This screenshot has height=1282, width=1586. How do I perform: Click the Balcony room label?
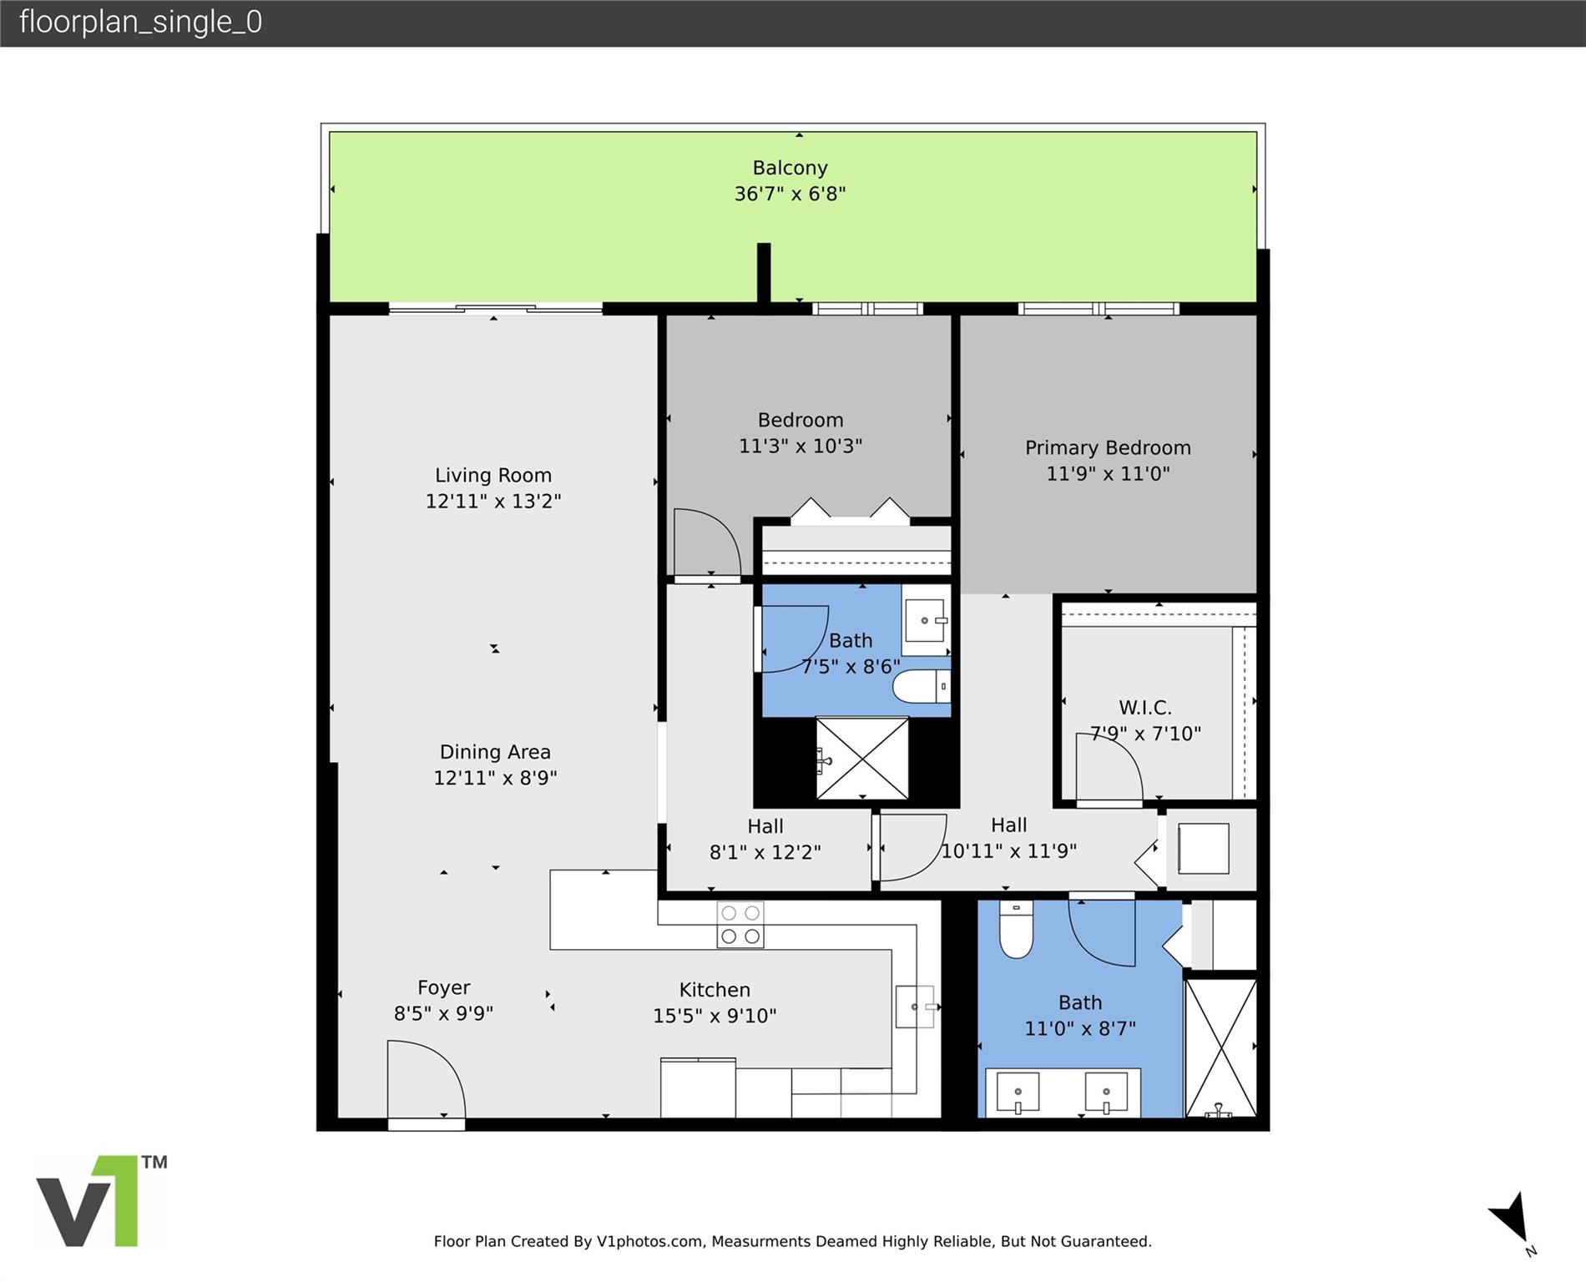pyautogui.click(x=790, y=168)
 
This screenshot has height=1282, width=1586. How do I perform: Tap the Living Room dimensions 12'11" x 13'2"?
pyautogui.click(x=493, y=501)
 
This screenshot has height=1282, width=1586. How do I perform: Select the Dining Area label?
pyautogui.click(x=495, y=752)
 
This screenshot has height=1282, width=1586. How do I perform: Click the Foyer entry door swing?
pyautogui.click(x=427, y=1079)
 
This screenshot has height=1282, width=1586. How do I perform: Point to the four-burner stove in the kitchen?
pyautogui.click(x=740, y=925)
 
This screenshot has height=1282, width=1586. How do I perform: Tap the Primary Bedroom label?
pyautogui.click(x=1108, y=448)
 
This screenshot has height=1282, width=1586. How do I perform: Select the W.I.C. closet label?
pyautogui.click(x=1145, y=708)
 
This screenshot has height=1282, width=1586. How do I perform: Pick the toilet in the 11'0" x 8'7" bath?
pyautogui.click(x=1016, y=930)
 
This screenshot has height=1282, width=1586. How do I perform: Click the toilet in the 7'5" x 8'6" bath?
pyautogui.click(x=922, y=687)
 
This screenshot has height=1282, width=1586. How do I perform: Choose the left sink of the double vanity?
pyautogui.click(x=1018, y=1093)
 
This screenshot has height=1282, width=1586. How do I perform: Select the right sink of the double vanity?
pyautogui.click(x=1106, y=1093)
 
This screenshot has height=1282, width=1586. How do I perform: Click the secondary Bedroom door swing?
pyautogui.click(x=707, y=542)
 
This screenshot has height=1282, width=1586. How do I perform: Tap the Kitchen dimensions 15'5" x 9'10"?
pyautogui.click(x=715, y=1016)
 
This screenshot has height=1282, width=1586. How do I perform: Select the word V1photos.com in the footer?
pyautogui.click(x=649, y=1241)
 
